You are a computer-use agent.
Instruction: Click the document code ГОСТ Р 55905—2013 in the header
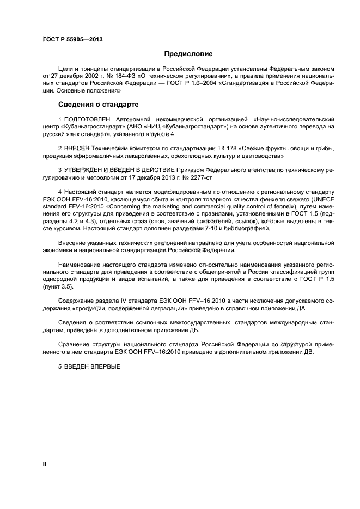pos(72,40)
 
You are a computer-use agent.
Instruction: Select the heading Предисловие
pos(188,54)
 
